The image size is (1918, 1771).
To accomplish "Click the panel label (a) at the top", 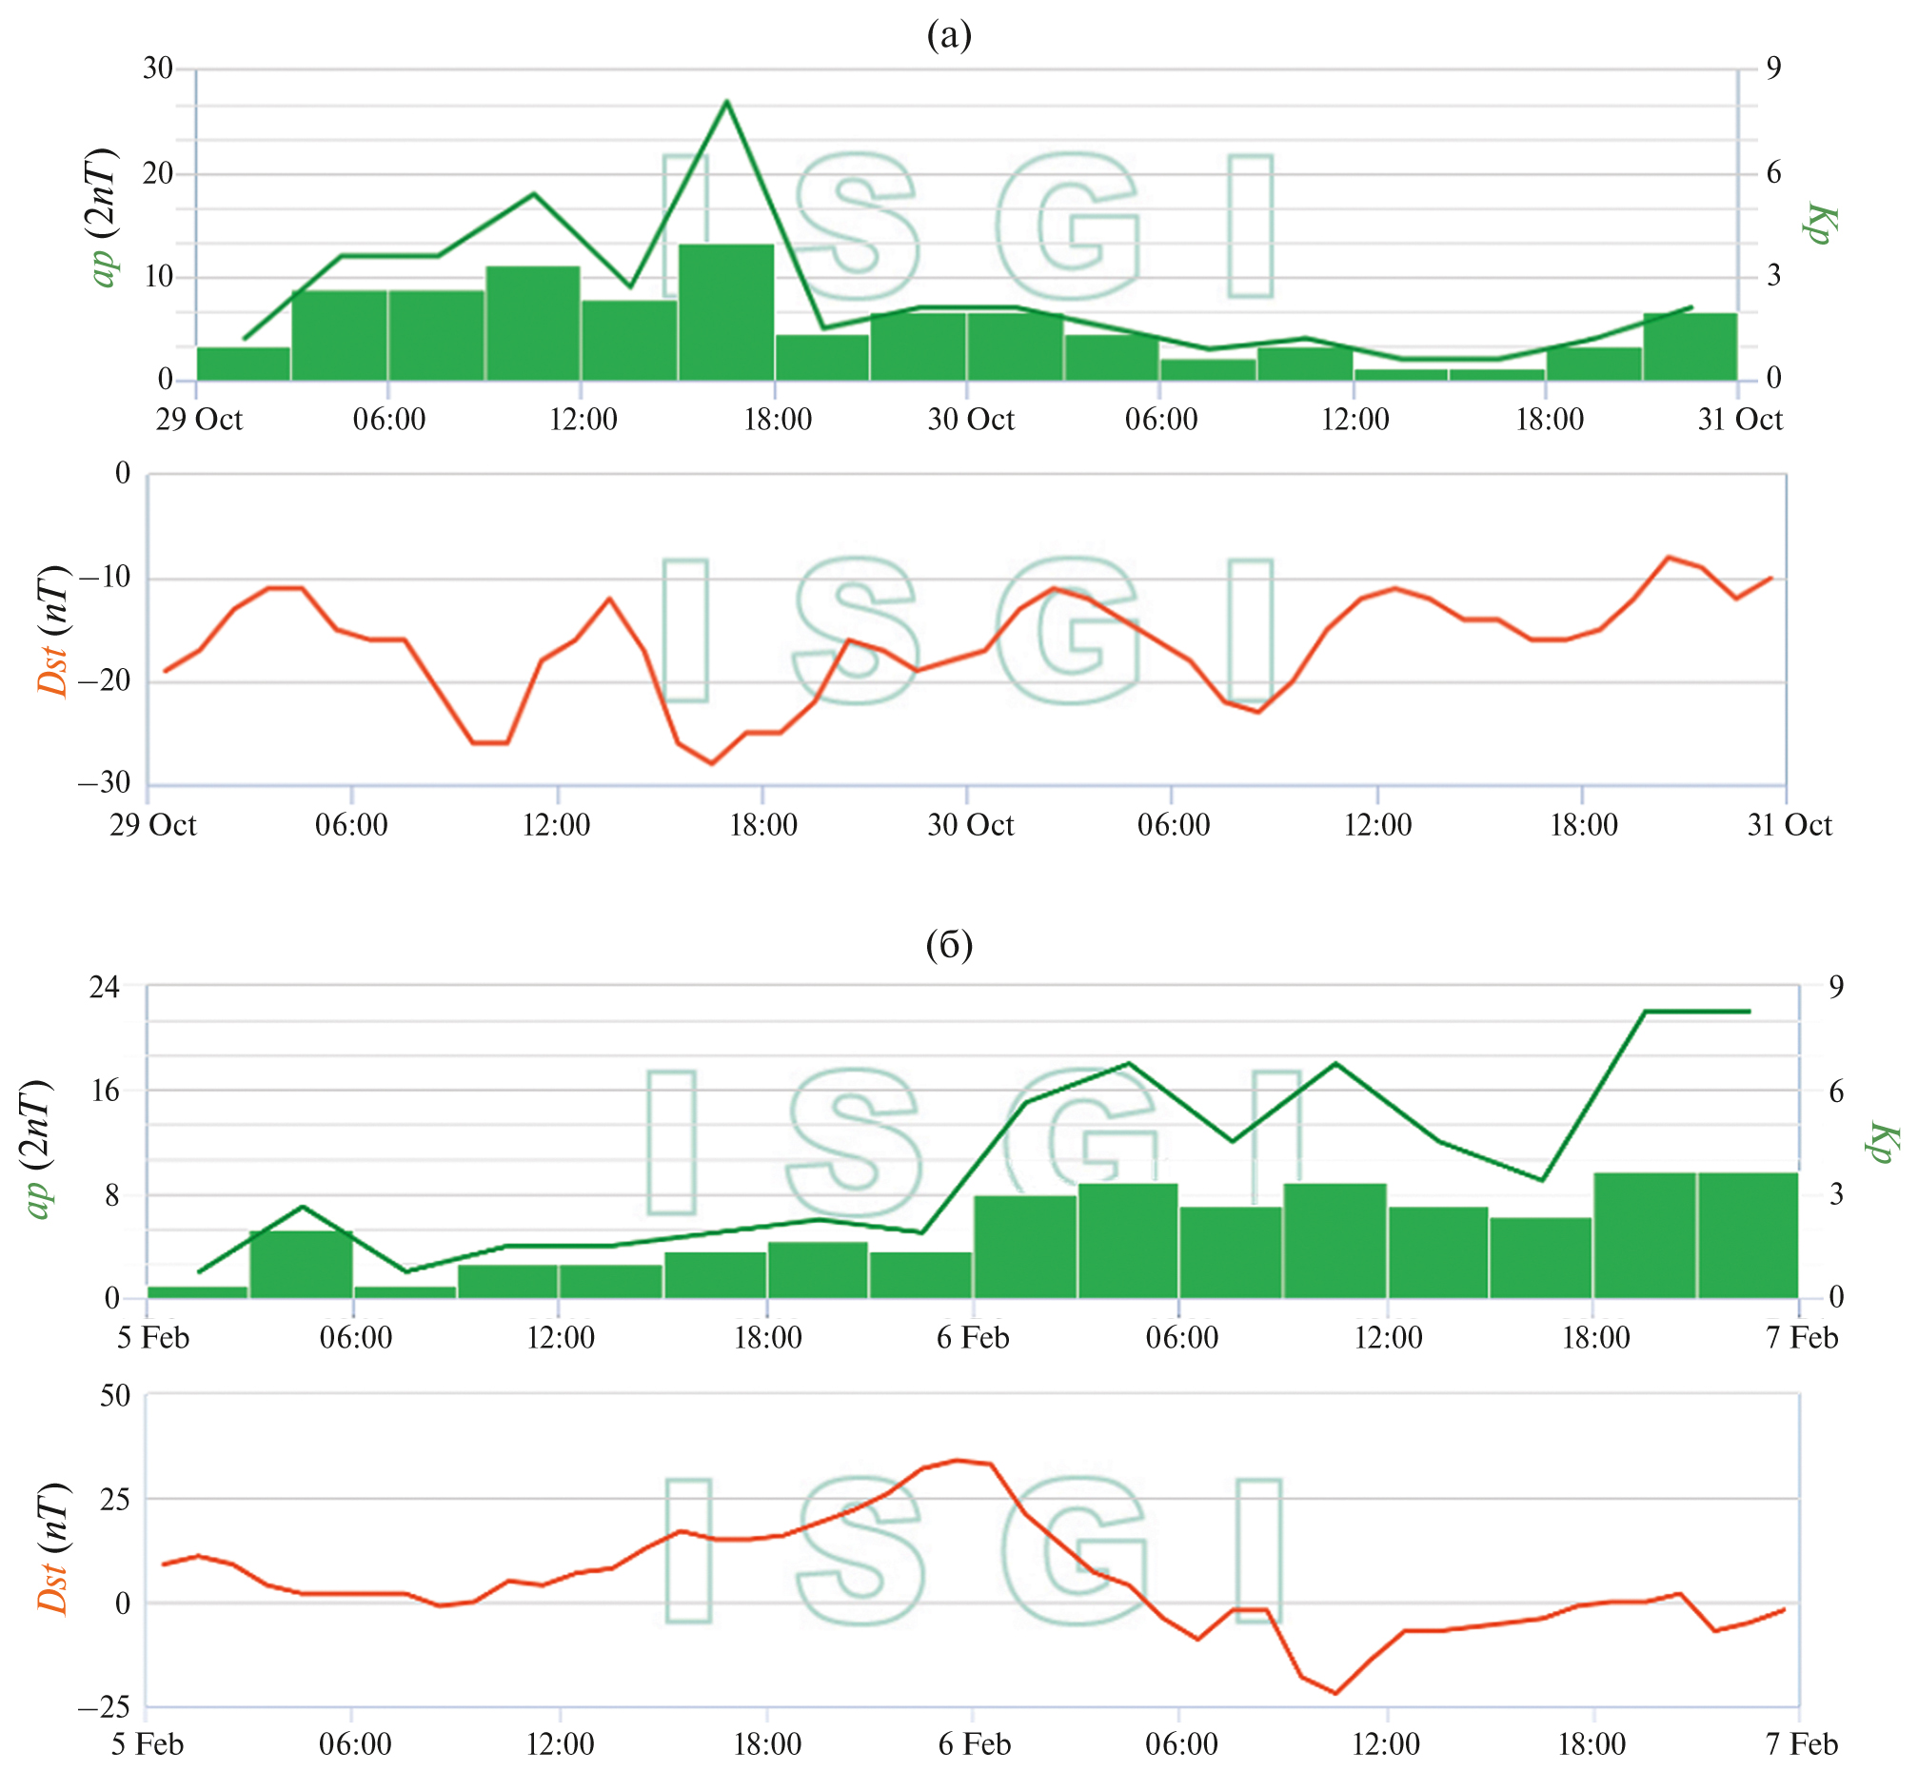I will pos(949,35).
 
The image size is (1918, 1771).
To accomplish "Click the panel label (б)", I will pos(949,945).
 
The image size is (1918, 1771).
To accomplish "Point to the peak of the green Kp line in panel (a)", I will pos(726,101).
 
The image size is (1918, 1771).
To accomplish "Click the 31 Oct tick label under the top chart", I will pos(1739,420).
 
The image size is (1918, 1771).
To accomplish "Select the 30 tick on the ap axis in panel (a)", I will pos(158,68).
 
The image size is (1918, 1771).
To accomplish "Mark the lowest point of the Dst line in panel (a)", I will pos(711,764).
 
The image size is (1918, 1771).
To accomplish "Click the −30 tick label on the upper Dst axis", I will pos(105,783).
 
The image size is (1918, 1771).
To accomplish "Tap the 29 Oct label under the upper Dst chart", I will pos(152,825).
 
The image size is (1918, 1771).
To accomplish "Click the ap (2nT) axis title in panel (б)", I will pos(38,1148).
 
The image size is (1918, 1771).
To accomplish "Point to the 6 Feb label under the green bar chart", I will pos(973,1338).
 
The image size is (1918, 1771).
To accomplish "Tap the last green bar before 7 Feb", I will pos(1748,1235).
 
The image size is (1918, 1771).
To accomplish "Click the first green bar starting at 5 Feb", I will pos(197,1292).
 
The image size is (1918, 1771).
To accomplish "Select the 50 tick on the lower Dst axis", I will pos(114,1395).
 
